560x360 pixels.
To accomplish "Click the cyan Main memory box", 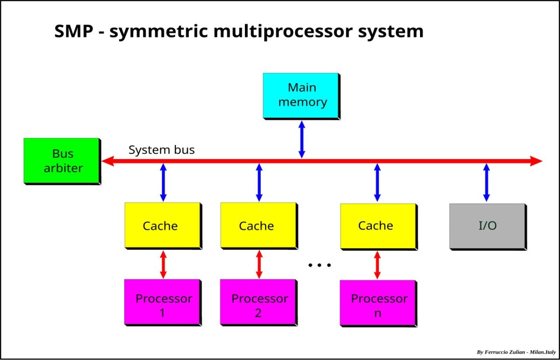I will tap(301, 95).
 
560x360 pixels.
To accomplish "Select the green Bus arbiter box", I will tap(62, 160).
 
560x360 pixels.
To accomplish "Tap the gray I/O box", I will tap(487, 226).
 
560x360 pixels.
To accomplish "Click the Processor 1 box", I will tap(162, 302).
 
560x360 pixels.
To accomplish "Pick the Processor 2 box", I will tap(258, 302).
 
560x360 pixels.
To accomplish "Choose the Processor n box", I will tap(378, 303).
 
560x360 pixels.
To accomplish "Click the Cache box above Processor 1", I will tap(162, 225).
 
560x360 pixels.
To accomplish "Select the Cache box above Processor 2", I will tap(258, 225).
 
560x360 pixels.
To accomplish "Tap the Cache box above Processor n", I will tap(378, 226).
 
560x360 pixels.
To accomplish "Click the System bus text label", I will tap(161, 150).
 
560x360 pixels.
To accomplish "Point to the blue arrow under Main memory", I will tap(301, 139).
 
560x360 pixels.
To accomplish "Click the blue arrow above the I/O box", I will tap(487, 182).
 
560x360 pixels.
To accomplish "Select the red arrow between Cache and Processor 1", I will tap(163, 264).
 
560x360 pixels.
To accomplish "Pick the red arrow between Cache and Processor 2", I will tap(259, 264).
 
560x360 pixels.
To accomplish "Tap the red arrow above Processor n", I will tap(378, 265).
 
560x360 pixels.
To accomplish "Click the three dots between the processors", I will tap(320, 265).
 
